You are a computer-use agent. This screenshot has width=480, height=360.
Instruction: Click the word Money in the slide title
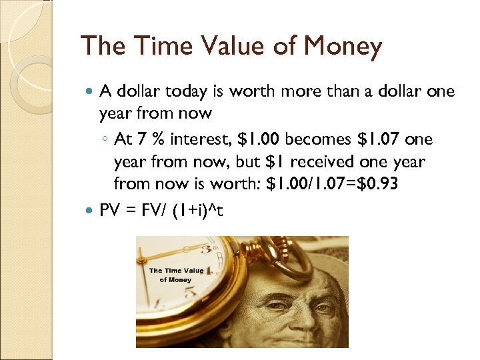(342, 47)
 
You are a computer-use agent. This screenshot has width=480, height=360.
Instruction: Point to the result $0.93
(378, 183)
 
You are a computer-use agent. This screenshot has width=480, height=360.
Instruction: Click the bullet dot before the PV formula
(91, 211)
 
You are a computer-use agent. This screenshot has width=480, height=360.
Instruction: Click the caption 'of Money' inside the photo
(175, 280)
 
